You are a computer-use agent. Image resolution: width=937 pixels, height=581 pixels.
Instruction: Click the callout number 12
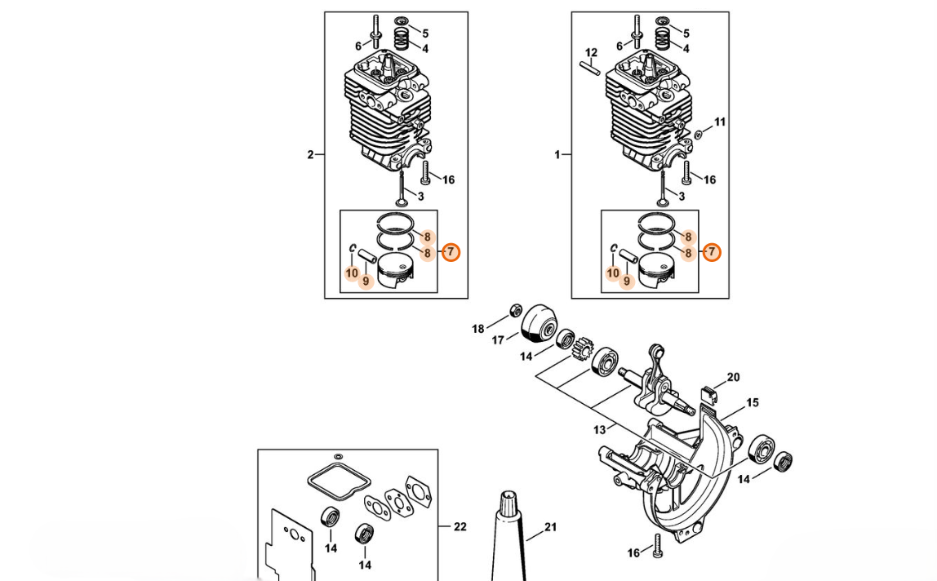(591, 53)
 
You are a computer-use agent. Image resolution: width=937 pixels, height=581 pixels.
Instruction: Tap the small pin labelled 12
(589, 68)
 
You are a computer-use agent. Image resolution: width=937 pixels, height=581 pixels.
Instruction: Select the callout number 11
(720, 122)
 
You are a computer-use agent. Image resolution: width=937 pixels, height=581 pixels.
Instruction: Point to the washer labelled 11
(699, 135)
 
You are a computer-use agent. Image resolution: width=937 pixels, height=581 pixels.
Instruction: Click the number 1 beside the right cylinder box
(557, 155)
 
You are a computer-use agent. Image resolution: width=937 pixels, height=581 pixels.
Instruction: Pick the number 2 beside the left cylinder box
(310, 155)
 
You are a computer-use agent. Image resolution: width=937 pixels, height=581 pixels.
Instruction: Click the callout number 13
(599, 429)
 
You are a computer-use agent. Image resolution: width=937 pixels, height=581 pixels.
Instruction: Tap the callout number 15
(753, 403)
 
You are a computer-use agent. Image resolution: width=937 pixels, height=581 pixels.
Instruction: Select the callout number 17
(498, 340)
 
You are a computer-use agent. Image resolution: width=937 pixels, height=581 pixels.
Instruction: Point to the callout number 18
(478, 329)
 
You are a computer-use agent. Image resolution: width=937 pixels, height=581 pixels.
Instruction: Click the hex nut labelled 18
(514, 310)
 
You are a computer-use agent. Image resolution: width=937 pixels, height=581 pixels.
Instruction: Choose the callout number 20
(733, 377)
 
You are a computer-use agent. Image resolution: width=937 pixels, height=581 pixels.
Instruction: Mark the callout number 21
(550, 527)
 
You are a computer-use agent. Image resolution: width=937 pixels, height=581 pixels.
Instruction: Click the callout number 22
(460, 526)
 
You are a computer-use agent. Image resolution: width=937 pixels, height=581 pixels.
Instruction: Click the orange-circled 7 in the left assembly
(451, 252)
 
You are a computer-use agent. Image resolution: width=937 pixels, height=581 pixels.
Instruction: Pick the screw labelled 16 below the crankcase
(658, 546)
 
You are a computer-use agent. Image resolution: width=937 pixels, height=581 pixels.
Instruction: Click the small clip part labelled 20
(708, 394)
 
